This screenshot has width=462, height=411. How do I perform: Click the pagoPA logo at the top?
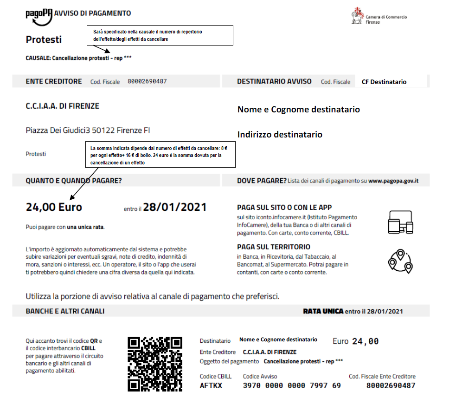(39, 14)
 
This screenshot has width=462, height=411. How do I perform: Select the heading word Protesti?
(44, 39)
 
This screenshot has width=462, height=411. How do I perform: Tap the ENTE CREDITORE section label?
(54, 81)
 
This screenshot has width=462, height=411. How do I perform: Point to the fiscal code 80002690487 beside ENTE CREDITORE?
(147, 81)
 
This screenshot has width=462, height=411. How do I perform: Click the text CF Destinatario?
(384, 82)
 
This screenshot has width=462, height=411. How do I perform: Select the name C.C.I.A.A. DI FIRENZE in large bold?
(62, 106)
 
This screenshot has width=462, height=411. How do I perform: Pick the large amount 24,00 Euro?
(54, 207)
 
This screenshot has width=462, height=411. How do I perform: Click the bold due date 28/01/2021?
(174, 207)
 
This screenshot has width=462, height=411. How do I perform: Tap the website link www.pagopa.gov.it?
(393, 180)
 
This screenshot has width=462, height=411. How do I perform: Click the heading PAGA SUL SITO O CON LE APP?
(284, 208)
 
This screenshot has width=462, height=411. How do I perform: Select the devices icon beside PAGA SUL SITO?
(400, 222)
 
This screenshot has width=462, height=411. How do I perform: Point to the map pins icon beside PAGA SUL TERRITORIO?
(400, 261)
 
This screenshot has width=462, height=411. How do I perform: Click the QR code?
(154, 364)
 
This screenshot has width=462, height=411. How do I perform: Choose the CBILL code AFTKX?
(211, 385)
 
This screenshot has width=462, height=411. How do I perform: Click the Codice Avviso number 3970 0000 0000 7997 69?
(292, 385)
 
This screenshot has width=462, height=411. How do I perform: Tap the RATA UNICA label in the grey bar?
(323, 311)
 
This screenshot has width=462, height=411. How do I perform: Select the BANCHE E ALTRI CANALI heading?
(65, 311)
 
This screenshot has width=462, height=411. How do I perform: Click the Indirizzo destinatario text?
(280, 135)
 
